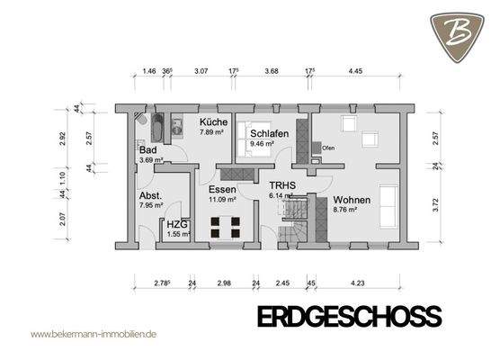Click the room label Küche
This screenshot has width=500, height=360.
pos(213,121)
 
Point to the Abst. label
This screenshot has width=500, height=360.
pos(150,195)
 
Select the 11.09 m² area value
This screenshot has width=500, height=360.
pos(221,200)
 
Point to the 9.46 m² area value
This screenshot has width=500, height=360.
pos(263,142)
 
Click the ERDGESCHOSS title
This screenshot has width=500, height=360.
pos(349,316)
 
